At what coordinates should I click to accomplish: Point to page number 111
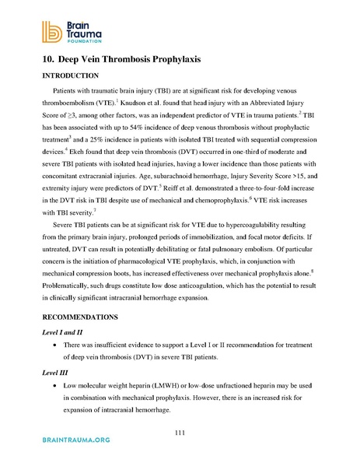[180, 433]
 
